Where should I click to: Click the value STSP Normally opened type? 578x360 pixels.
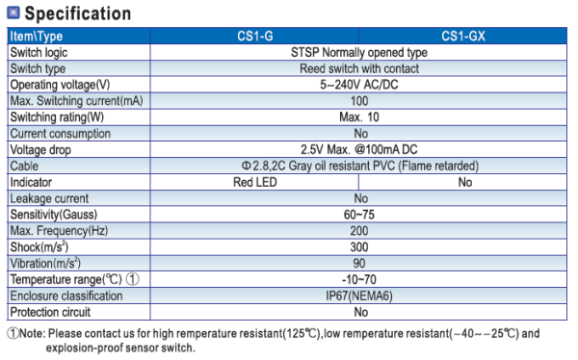tap(359, 52)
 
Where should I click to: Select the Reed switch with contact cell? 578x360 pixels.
tap(359, 68)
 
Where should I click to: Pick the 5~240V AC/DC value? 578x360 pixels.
tap(359, 85)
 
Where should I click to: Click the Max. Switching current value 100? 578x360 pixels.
tap(359, 101)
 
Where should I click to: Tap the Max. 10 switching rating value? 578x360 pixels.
tap(359, 116)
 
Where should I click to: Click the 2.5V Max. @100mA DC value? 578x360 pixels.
tap(359, 150)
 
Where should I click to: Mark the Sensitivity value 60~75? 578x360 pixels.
tap(359, 215)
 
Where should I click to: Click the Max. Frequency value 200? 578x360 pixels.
tap(359, 231)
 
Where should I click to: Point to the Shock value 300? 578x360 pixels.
tap(359, 247)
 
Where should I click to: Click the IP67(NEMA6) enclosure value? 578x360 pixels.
tap(359, 296)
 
